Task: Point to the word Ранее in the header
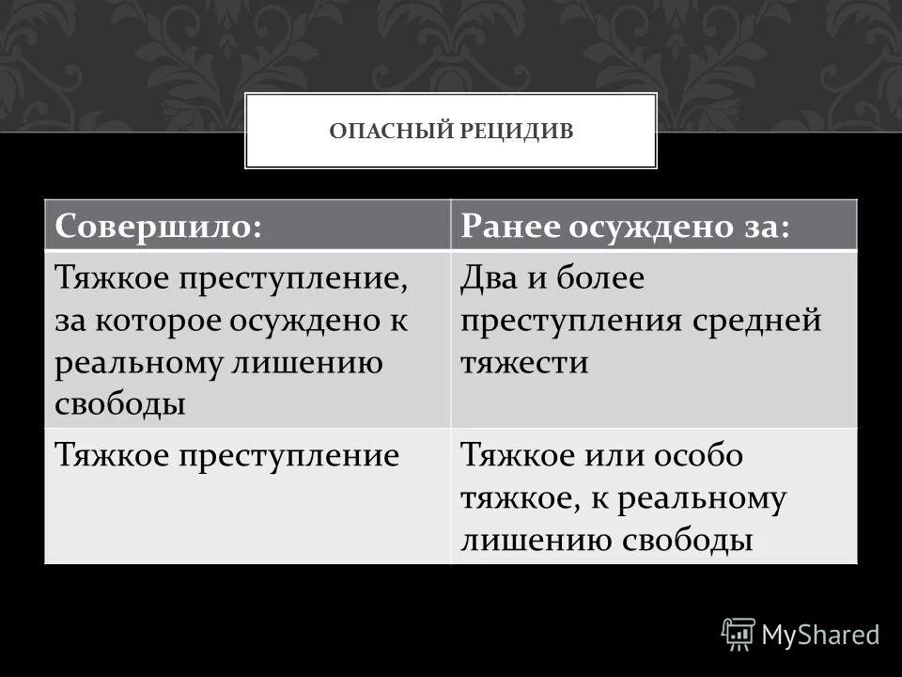tap(512, 227)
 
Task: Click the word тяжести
tap(523, 363)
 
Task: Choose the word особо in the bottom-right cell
tap(700, 457)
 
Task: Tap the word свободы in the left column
tap(119, 404)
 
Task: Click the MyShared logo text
tap(820, 635)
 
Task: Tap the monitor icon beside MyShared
tap(739, 634)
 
